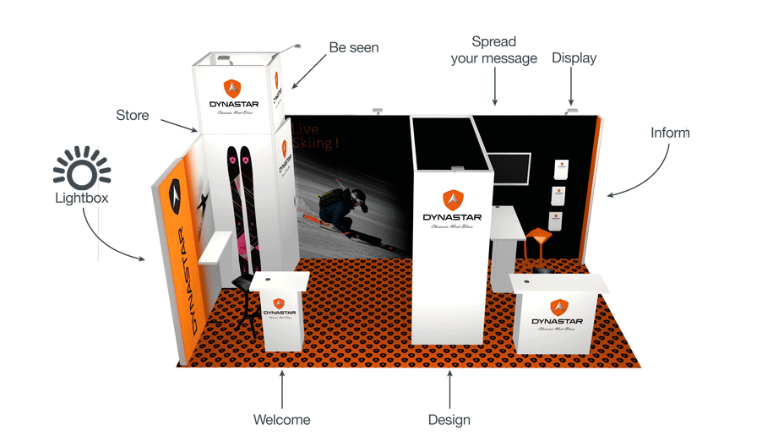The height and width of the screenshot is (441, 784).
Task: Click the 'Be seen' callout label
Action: click(x=354, y=48)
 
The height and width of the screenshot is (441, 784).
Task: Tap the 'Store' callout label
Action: click(x=133, y=115)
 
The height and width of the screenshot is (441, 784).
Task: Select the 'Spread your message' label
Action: click(x=494, y=50)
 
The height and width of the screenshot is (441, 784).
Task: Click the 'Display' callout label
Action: click(x=574, y=58)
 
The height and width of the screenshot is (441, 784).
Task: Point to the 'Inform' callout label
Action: click(x=670, y=133)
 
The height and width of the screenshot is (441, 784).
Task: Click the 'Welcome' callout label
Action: click(x=282, y=420)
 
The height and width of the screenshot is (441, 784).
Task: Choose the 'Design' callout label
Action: click(x=449, y=420)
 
